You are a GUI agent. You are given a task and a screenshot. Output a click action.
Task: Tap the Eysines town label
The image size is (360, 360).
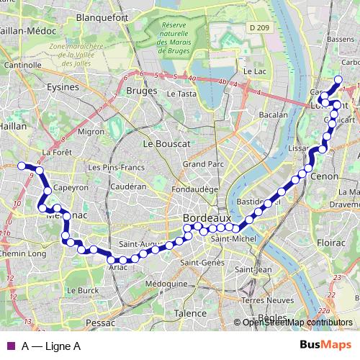(63, 87)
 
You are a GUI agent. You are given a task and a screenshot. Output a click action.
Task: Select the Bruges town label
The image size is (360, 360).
(140, 91)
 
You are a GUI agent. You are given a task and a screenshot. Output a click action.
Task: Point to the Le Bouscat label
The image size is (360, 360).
(166, 144)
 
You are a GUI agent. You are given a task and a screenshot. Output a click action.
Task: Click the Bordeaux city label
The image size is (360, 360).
(207, 217)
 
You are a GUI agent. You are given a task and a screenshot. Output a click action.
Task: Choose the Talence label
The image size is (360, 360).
(190, 313)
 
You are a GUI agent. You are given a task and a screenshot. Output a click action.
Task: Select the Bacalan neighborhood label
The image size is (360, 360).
(273, 114)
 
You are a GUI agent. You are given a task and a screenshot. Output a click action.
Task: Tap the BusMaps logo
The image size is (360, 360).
(325, 346)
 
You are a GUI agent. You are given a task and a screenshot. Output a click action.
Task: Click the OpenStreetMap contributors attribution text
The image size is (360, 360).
(297, 323)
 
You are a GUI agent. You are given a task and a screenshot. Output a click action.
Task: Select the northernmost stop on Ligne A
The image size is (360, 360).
(338, 80)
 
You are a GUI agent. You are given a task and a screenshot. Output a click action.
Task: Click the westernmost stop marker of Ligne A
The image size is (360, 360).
(22, 166)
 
